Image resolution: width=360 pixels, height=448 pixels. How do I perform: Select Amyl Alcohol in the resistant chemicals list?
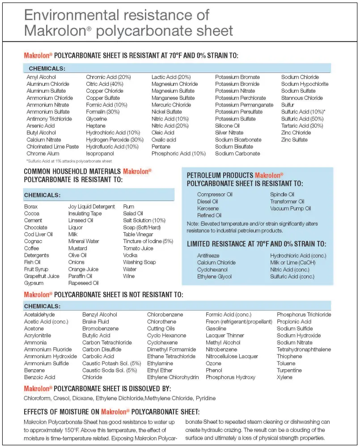coord(41,77)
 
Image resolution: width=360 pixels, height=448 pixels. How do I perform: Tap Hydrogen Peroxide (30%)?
coord(114,140)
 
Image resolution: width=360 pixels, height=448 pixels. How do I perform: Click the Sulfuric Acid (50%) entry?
coord(302,119)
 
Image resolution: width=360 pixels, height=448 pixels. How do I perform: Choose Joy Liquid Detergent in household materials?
coord(92,207)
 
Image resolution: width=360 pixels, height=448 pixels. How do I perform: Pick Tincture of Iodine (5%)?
coord(148,241)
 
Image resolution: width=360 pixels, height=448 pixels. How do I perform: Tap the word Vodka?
coord(130,255)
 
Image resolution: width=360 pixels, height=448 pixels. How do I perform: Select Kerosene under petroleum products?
coord(208,208)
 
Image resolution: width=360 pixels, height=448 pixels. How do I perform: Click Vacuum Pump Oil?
coord(290,208)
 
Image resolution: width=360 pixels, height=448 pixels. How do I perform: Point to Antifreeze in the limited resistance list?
coord(208,256)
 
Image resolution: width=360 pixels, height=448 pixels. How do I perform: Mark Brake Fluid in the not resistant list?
coord(95,321)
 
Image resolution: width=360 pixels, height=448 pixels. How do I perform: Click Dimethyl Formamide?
coord(171,350)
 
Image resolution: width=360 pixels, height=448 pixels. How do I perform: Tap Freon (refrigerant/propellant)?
coord(239,321)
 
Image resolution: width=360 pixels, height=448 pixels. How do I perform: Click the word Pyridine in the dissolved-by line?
coord(205,398)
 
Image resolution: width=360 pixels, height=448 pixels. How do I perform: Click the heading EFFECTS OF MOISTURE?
coord(62,412)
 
